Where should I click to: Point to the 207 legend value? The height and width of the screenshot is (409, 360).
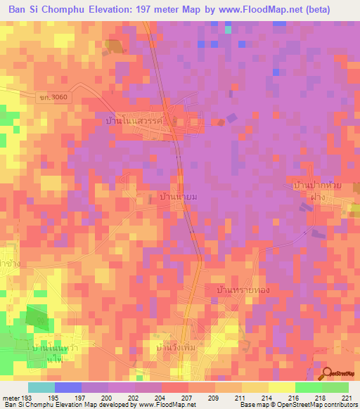click(x=186, y=398)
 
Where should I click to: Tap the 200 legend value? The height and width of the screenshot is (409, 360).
click(x=107, y=398)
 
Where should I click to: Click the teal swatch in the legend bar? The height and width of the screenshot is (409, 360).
click(x=41, y=387)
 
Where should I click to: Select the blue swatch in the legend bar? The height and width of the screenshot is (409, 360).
click(x=67, y=387)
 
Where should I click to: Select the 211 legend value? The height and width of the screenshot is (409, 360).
click(x=240, y=398)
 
